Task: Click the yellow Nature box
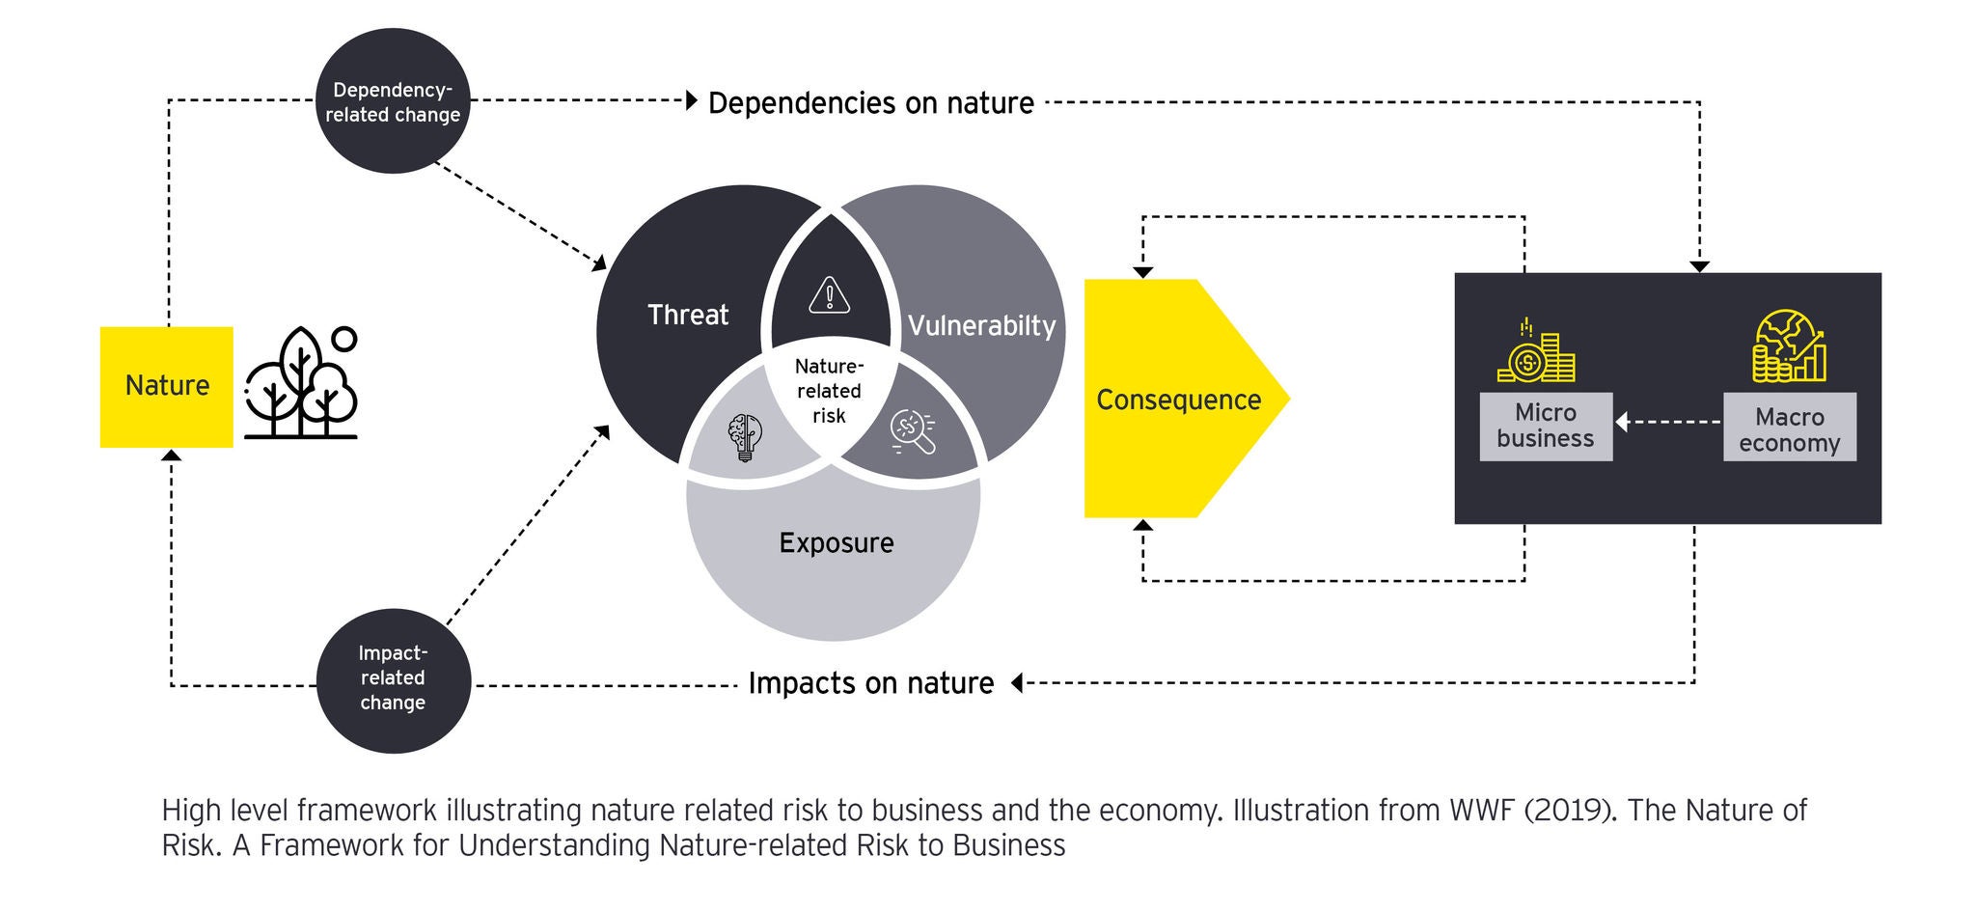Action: (167, 386)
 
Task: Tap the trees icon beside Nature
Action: (301, 383)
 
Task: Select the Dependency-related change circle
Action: (393, 101)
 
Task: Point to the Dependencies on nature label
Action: (870, 102)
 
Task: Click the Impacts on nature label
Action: (870, 683)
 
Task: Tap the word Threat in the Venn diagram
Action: (688, 315)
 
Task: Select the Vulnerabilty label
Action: (981, 325)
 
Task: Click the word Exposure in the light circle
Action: (837, 542)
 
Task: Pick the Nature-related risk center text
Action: (829, 391)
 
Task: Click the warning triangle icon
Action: (829, 295)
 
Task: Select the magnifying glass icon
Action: (913, 432)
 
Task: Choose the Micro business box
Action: (1546, 426)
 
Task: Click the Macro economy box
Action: (1790, 429)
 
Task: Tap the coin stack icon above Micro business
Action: (1536, 352)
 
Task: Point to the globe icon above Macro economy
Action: (1789, 346)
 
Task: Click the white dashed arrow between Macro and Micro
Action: (1668, 422)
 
